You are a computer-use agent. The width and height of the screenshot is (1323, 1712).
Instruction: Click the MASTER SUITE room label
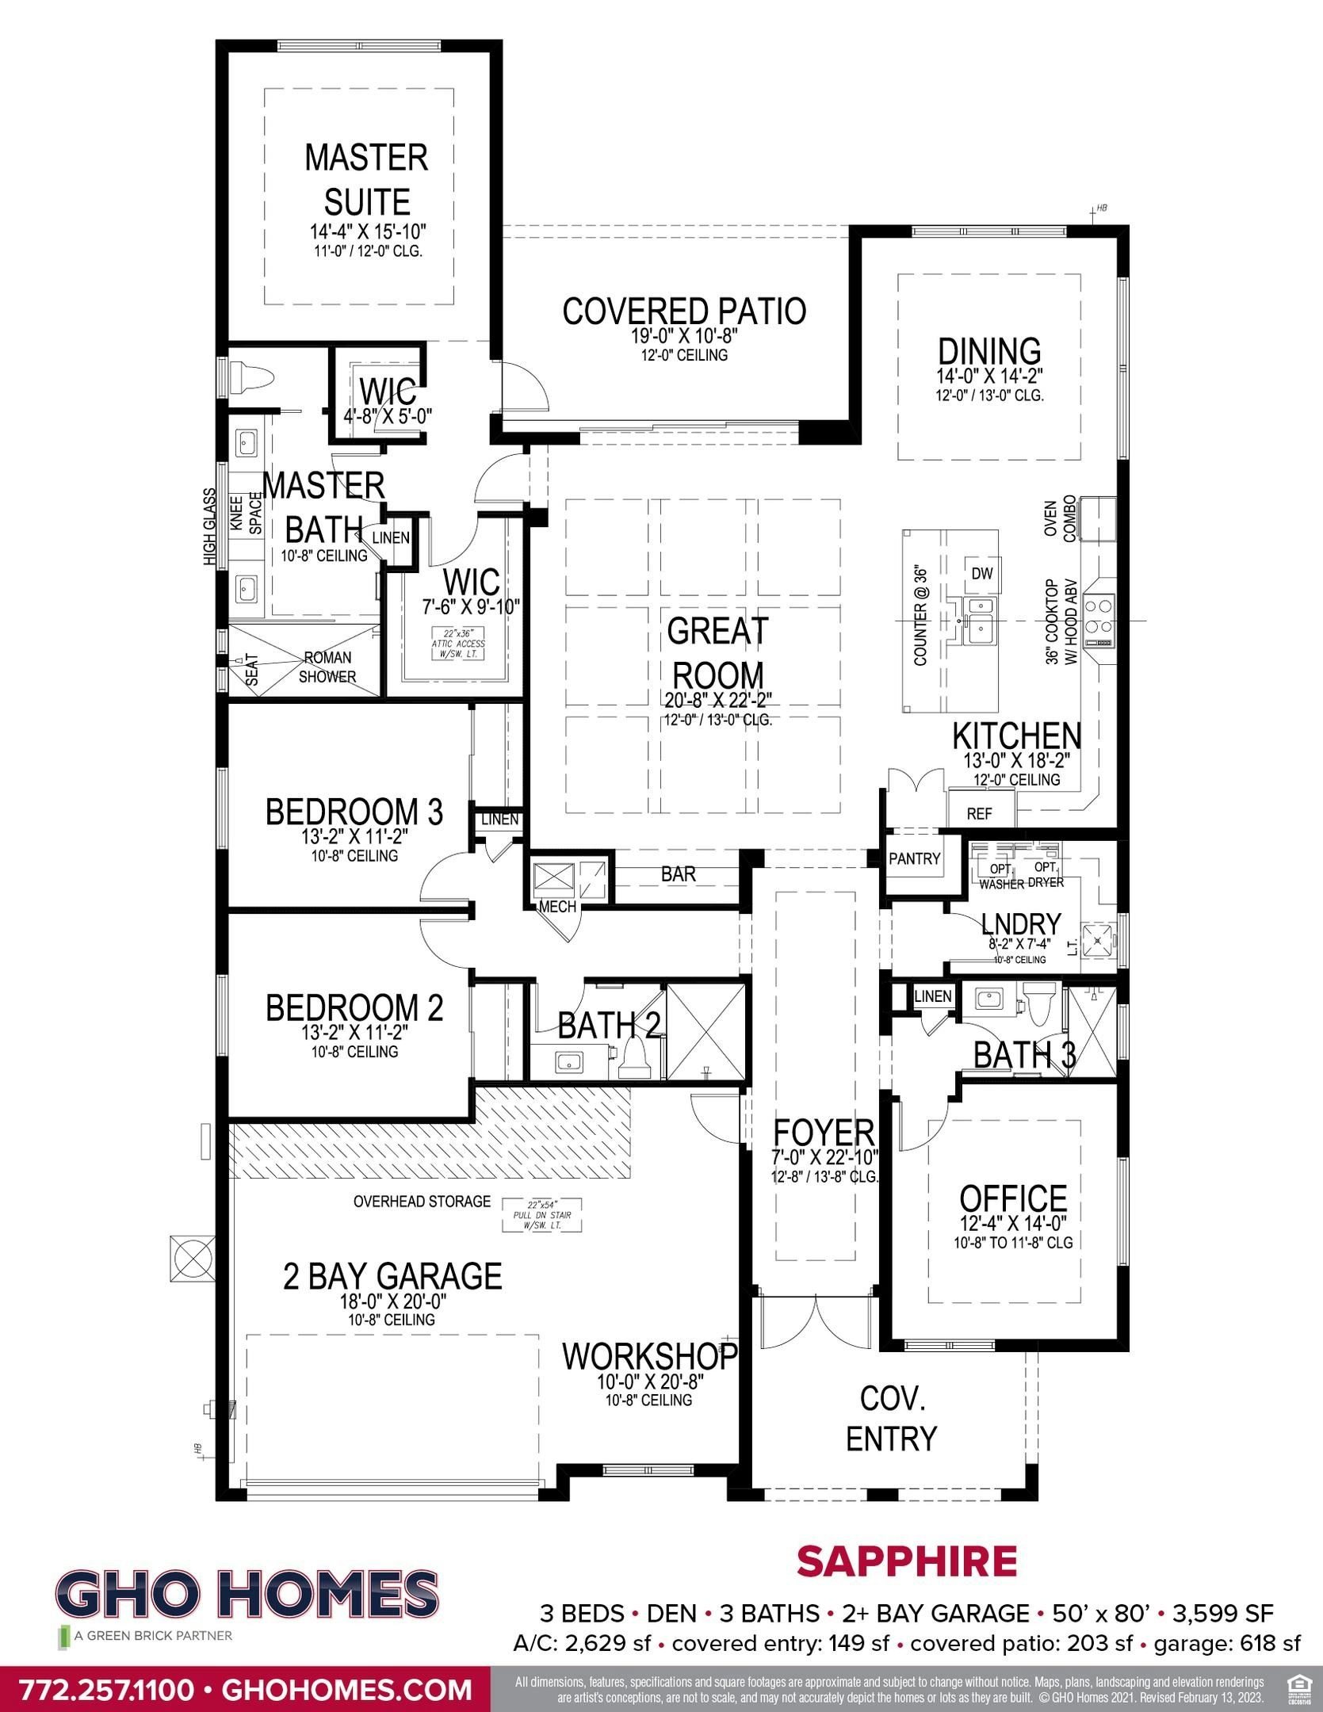pos(366,180)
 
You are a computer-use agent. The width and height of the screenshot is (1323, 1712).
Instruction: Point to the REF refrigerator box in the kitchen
pos(981,813)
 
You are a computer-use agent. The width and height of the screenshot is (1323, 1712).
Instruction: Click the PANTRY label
pos(914,858)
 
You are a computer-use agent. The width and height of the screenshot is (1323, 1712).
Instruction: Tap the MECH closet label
pos(557,907)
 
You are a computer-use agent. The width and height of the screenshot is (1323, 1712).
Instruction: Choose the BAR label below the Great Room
pos(679,873)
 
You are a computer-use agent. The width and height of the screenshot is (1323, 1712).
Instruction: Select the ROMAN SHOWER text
pos(327,667)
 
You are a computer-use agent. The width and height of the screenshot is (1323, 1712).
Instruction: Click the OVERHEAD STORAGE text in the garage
pos(422,1202)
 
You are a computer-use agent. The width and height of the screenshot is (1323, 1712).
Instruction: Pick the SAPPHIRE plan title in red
pos(906,1562)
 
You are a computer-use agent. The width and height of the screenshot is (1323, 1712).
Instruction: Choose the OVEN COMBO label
pos(1060,520)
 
